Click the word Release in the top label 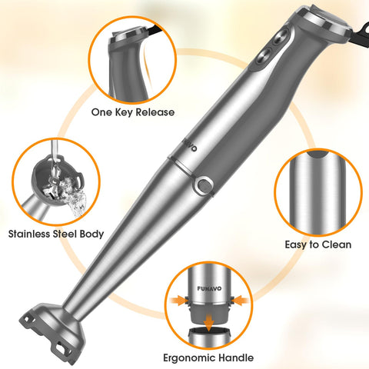point(153,111)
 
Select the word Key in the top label point(124,111)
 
